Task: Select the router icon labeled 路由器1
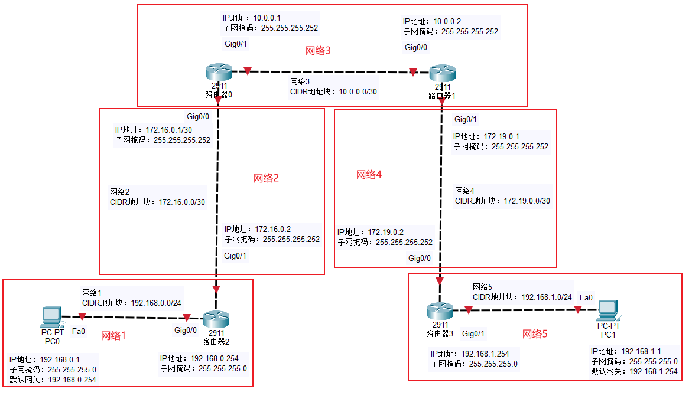pyautogui.click(x=442, y=73)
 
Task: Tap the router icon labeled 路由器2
pyautogui.click(x=216, y=319)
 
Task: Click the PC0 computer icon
pyautogui.click(x=51, y=317)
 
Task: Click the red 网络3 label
pyautogui.click(x=318, y=51)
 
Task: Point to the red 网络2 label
pyautogui.click(x=266, y=178)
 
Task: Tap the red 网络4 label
pyautogui.click(x=369, y=175)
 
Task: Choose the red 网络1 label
pyautogui.click(x=113, y=336)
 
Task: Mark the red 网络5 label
pyautogui.click(x=535, y=334)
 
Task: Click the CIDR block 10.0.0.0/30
pyautogui.click(x=358, y=91)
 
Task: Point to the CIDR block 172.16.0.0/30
pyautogui.click(x=182, y=202)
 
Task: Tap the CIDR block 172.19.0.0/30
pyautogui.click(x=527, y=201)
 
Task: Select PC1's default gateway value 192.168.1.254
pyautogui.click(x=654, y=371)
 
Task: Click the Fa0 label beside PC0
pyautogui.click(x=78, y=332)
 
